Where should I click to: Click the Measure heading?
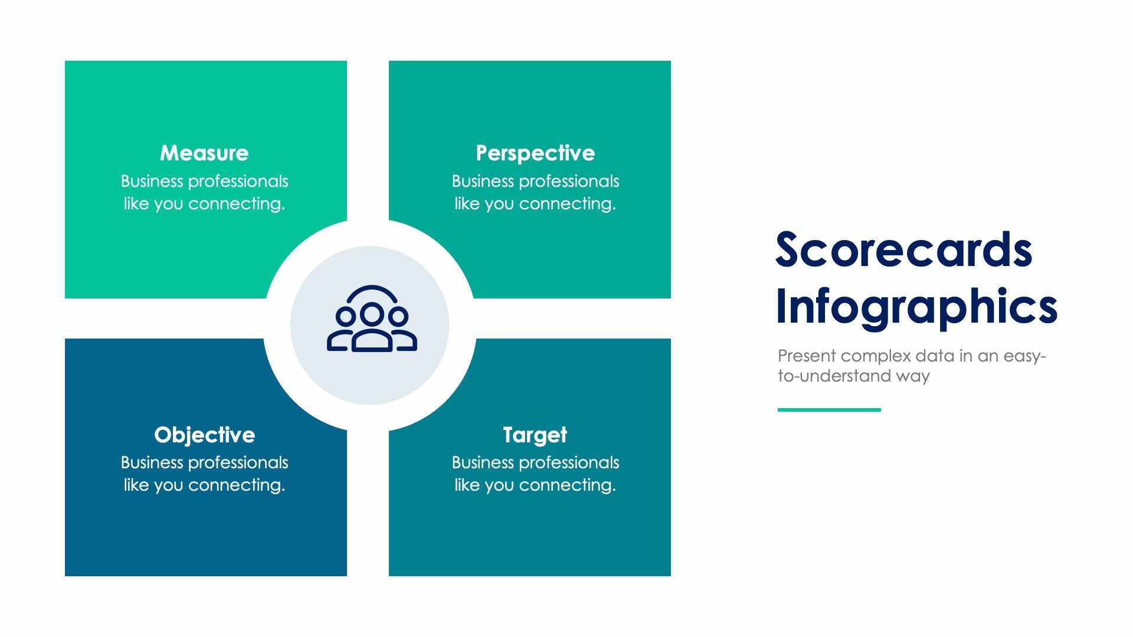[204, 153]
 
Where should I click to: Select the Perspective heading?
[535, 153]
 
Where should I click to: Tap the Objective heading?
[204, 435]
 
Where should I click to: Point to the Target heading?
[535, 435]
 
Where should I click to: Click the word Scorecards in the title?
[903, 250]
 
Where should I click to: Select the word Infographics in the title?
[916, 307]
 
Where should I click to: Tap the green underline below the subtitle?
[829, 409]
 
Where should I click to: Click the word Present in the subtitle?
[807, 356]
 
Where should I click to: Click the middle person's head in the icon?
[371, 314]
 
